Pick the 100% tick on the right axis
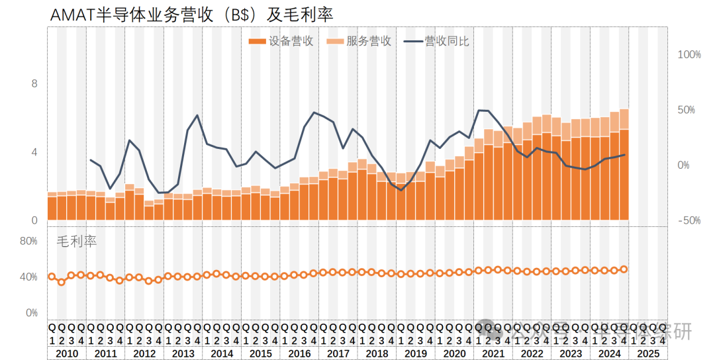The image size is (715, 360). (x=689, y=54)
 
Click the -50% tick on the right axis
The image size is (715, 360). (x=689, y=220)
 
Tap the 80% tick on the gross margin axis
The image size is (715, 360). (x=28, y=241)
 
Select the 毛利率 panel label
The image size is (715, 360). (x=76, y=242)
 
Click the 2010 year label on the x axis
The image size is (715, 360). (x=66, y=353)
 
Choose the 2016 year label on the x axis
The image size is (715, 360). (x=299, y=353)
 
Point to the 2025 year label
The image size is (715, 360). (x=648, y=353)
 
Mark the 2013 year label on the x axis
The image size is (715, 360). (x=183, y=353)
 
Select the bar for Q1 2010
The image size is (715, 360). (x=52, y=208)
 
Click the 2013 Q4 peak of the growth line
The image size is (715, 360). (x=197, y=116)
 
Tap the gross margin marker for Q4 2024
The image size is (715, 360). (x=624, y=269)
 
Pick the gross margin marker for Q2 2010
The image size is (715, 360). (x=62, y=282)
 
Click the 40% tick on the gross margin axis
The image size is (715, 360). (x=28, y=277)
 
